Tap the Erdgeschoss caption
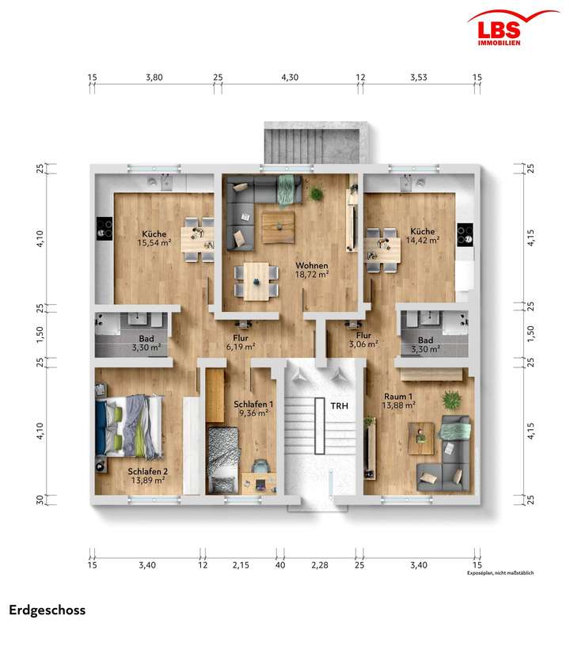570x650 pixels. click(x=47, y=610)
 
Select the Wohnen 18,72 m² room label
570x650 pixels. click(x=312, y=269)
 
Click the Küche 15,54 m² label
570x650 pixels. click(x=154, y=238)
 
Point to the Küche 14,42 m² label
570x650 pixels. click(x=422, y=235)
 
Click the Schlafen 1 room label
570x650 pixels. click(x=254, y=408)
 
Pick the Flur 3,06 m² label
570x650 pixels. click(x=364, y=340)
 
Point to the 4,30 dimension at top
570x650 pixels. click(x=291, y=78)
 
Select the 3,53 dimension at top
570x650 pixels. click(x=419, y=78)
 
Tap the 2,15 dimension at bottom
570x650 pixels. click(x=240, y=564)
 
